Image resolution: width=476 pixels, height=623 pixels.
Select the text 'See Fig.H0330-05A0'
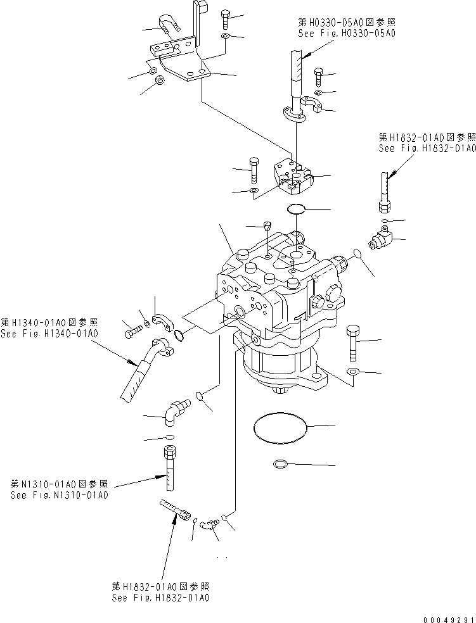(346, 32)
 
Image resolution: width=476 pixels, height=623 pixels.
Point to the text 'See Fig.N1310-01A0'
(60, 494)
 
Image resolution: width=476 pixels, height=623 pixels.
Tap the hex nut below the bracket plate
(160, 80)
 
